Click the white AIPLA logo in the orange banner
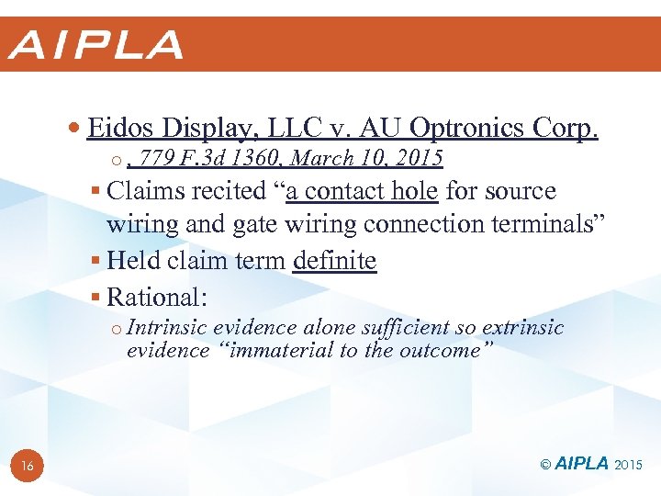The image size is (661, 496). pyautogui.click(x=96, y=44)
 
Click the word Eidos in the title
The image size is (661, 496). pyautogui.click(x=120, y=128)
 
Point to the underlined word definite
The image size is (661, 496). pyautogui.click(x=334, y=261)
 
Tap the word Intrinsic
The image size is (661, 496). pyautogui.click(x=167, y=329)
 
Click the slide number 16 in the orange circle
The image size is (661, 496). pyautogui.click(x=27, y=467)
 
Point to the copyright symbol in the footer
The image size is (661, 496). pyautogui.click(x=545, y=465)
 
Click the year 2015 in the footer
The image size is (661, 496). pyautogui.click(x=630, y=465)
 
